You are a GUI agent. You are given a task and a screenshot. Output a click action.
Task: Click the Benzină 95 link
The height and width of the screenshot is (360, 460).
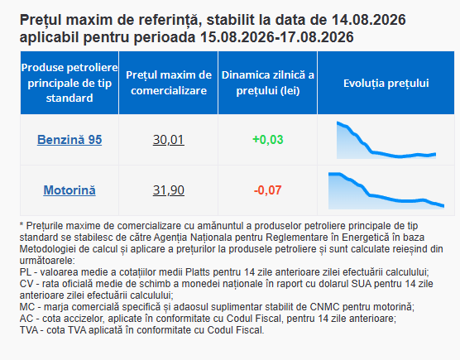pos(69,140)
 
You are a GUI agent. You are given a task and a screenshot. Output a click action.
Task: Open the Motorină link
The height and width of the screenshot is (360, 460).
pos(69,190)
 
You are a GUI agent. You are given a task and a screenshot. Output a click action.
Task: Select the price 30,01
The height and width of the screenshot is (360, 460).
pos(169,140)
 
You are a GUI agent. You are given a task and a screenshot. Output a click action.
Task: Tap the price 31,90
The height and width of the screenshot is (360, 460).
pos(169,190)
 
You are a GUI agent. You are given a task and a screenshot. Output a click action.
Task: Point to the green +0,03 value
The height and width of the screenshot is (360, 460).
pos(268,140)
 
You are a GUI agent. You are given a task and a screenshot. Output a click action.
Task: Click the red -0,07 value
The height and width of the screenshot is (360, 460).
pos(268,190)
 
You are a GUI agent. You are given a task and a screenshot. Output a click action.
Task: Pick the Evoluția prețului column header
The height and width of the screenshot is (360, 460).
pos(386,84)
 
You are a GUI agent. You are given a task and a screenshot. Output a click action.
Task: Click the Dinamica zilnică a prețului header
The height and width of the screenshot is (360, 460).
pos(268,83)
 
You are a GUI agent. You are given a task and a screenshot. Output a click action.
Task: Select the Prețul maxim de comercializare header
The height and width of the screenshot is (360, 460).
pos(169,83)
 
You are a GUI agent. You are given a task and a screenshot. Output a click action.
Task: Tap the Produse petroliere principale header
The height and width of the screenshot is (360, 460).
pos(69,83)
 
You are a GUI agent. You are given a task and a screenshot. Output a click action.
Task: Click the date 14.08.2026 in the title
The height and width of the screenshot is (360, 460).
pos(369,20)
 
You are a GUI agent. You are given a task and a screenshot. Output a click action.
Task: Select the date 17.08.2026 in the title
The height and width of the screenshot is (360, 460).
pos(317,37)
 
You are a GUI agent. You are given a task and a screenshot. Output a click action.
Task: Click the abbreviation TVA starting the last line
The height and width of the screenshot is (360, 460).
pos(29,330)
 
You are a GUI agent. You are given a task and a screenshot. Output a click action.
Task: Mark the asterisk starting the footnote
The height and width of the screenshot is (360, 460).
pos(22,225)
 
